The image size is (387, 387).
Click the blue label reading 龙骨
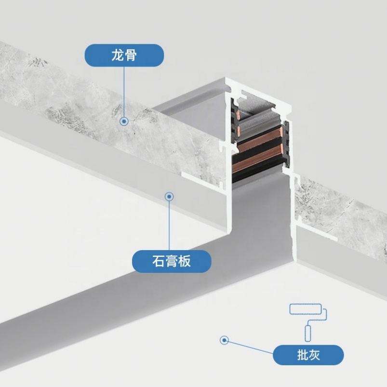[124, 55]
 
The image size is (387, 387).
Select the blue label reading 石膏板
[172, 261]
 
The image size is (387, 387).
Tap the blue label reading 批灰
[308, 356]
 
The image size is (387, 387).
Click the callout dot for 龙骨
[124, 121]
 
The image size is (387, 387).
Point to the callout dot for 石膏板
[169, 197]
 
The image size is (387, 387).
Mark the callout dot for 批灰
[224, 340]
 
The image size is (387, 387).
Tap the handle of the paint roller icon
[307, 333]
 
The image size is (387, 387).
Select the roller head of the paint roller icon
[305, 309]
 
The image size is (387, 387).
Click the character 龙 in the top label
[118, 55]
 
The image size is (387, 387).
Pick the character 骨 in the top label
[131, 55]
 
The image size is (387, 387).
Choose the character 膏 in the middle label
[172, 261]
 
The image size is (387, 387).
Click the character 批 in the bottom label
[302, 356]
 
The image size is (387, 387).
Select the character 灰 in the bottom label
[315, 356]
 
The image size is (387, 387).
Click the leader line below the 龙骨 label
[124, 92]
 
